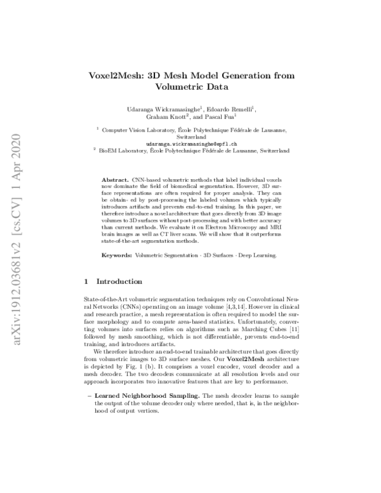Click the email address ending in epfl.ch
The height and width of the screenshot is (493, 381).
[190, 144]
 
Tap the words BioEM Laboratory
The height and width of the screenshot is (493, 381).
[123, 151]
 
